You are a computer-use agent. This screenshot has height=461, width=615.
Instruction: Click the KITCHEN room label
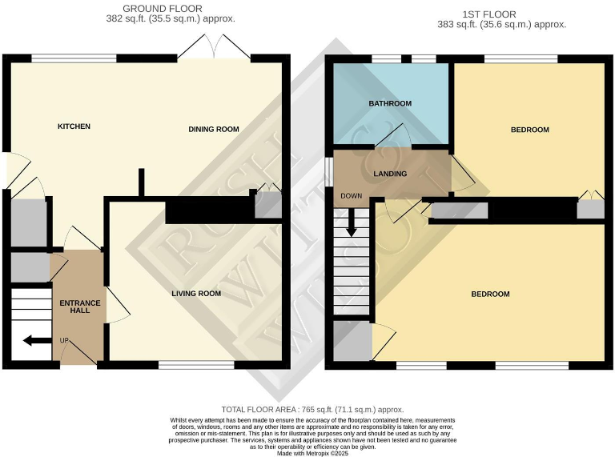(74, 126)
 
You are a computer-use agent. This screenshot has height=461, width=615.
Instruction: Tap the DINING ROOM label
(214, 129)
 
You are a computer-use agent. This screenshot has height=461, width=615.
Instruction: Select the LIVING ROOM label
(196, 294)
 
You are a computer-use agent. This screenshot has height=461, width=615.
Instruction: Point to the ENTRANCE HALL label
(80, 306)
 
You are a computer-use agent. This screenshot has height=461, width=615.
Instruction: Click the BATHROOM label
(390, 104)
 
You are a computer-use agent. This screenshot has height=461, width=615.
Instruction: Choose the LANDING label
(390, 174)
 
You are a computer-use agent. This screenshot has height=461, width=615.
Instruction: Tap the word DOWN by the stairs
(352, 196)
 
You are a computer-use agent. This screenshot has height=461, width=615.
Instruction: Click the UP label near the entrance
(64, 340)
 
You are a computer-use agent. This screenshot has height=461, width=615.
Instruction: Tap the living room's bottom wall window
(196, 365)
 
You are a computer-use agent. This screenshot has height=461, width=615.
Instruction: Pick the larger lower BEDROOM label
(490, 295)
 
